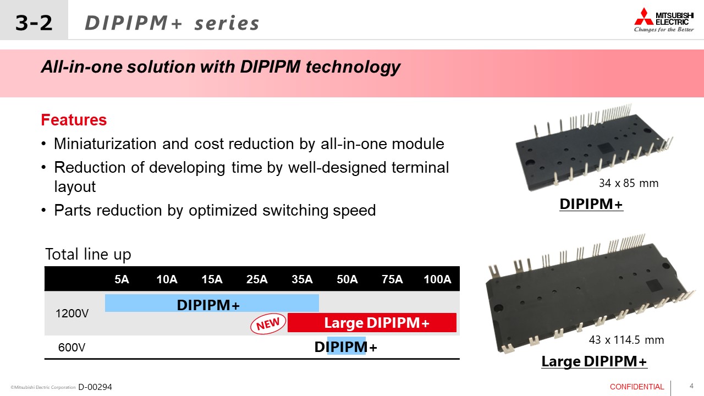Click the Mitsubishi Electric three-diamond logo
tap(643, 16)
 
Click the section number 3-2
tap(34, 23)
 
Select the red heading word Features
tap(74, 120)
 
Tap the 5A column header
tap(122, 279)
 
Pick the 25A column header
tap(257, 279)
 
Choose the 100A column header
tap(437, 279)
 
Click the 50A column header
tap(347, 279)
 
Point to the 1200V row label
tap(71, 313)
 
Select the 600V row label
tap(71, 348)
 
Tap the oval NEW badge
tap(268, 324)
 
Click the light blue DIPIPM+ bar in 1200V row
tap(211, 304)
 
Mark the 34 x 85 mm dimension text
tap(628, 183)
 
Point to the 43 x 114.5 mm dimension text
tap(626, 340)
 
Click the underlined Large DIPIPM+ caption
tap(594, 361)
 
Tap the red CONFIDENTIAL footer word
tap(637, 387)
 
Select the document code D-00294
tap(95, 387)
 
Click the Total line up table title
tap(88, 255)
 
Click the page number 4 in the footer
tap(691, 386)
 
